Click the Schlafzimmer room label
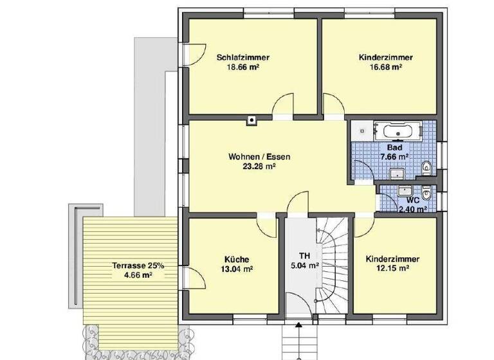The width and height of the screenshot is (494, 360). (242, 57)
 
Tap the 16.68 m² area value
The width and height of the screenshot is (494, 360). (385, 66)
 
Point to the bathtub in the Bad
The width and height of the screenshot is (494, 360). (398, 132)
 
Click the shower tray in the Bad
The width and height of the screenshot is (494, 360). (363, 131)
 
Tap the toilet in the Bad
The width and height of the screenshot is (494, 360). (427, 166)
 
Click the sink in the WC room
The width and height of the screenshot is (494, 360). (405, 191)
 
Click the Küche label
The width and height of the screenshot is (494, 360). (233, 259)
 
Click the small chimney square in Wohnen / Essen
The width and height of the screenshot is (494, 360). (252, 118)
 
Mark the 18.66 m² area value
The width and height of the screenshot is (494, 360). (242, 66)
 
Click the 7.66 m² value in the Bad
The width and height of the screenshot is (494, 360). (394, 156)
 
